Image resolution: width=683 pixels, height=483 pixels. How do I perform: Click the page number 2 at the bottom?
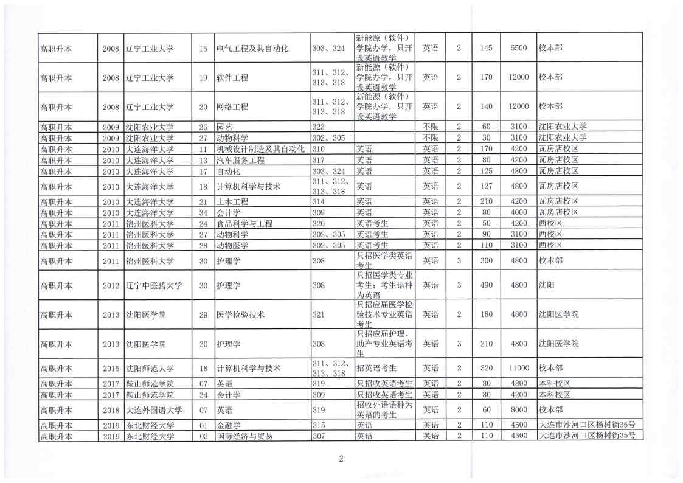[x=341, y=459]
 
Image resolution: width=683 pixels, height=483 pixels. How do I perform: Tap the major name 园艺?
[x=224, y=127]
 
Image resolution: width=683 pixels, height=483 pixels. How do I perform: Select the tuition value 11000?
[x=518, y=369]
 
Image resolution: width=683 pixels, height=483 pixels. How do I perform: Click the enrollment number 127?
[x=485, y=187]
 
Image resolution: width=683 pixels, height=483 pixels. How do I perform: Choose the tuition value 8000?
[x=518, y=410]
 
